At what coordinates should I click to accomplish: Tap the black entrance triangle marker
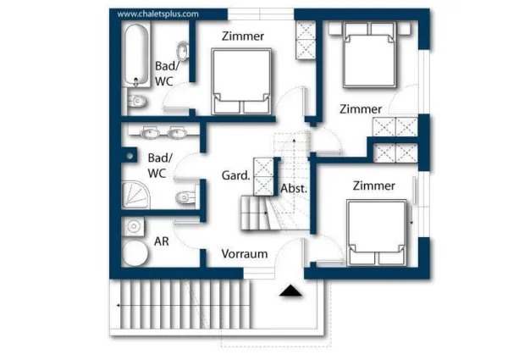pyautogui.click(x=291, y=291)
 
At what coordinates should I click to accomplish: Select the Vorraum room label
pyautogui.click(x=245, y=253)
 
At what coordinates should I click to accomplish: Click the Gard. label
pyautogui.click(x=235, y=176)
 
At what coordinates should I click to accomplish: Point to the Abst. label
pyautogui.click(x=293, y=188)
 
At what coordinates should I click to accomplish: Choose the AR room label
pyautogui.click(x=162, y=241)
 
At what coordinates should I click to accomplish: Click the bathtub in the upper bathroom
pyautogui.click(x=135, y=55)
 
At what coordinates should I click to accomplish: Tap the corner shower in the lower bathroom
pyautogui.click(x=135, y=194)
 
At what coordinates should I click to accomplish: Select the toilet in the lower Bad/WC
pyautogui.click(x=184, y=198)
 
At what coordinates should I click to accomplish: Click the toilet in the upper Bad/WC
pyautogui.click(x=137, y=102)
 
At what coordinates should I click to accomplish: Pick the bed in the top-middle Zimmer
pyautogui.click(x=242, y=80)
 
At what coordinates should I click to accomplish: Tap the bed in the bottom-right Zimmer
pyautogui.click(x=378, y=232)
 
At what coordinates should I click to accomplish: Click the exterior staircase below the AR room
pyautogui.click(x=186, y=307)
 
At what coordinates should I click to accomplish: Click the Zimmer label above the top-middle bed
pyautogui.click(x=243, y=36)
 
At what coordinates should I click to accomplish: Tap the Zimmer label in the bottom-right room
pyautogui.click(x=374, y=186)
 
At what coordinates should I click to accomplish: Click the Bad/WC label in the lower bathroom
pyautogui.click(x=160, y=165)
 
